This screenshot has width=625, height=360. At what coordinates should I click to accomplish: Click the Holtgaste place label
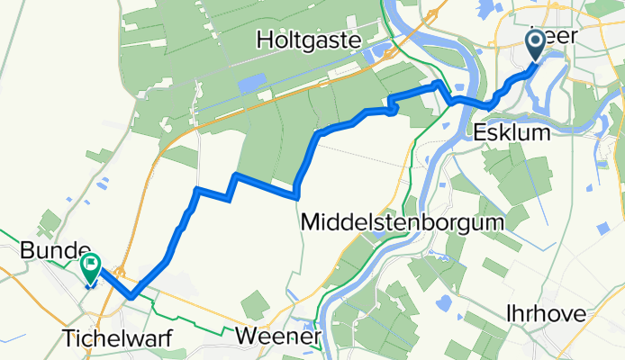click(308, 40)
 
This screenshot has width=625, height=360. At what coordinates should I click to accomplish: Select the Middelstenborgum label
click(403, 220)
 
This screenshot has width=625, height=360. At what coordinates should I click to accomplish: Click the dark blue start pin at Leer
click(534, 42)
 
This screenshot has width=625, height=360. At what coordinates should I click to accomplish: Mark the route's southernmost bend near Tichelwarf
click(131, 295)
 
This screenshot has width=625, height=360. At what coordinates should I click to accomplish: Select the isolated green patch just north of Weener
click(255, 303)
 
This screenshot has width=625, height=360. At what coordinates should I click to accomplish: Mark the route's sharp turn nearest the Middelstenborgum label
click(296, 191)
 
